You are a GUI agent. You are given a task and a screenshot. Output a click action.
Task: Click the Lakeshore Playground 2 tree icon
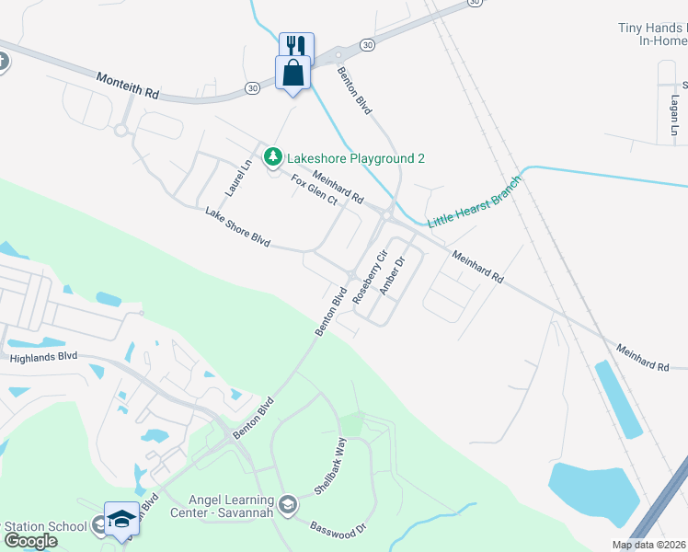[x=272, y=158]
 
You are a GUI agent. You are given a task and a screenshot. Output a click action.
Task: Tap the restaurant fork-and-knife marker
[x=296, y=46]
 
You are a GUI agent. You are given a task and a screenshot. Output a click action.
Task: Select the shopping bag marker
[x=292, y=73]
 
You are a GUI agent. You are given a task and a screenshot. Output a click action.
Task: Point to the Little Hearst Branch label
[x=474, y=202]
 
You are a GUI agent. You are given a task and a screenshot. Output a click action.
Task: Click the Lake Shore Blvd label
[x=237, y=227]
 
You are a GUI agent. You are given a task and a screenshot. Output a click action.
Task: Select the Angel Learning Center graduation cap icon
[x=289, y=504]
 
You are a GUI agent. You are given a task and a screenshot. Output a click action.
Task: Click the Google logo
[x=30, y=541]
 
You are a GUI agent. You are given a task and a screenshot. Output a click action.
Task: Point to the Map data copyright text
[x=649, y=545]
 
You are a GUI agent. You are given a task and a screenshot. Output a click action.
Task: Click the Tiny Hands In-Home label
[x=651, y=35]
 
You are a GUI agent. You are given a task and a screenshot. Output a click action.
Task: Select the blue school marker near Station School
[x=121, y=520]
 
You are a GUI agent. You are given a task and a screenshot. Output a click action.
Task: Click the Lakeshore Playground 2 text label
[x=356, y=158]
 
